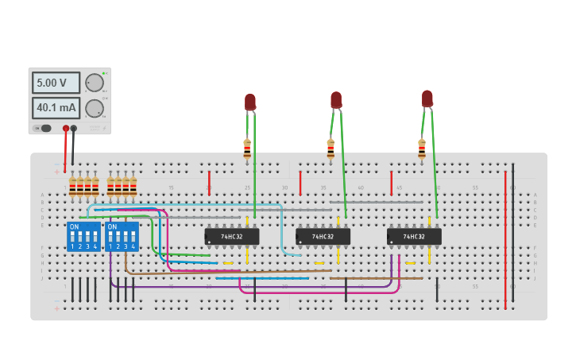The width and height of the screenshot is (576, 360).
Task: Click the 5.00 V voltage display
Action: [56, 83]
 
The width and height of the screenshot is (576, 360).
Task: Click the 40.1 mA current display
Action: [56, 107]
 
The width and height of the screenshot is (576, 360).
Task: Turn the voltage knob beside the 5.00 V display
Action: [95, 83]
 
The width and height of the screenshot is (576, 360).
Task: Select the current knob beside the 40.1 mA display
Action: [95, 108]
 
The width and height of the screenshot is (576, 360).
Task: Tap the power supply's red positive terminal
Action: [65, 128]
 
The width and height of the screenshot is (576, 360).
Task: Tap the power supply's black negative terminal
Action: [74, 128]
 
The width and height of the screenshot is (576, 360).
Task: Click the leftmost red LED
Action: [250, 102]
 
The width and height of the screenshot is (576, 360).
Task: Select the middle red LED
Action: [336, 99]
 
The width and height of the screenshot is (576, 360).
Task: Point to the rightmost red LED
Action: [427, 99]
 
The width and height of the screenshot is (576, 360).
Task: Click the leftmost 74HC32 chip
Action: [232, 236]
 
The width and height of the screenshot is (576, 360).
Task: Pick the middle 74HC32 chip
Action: [323, 236]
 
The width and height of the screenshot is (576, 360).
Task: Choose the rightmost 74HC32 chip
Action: [414, 236]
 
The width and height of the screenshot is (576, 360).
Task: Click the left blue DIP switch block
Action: [83, 237]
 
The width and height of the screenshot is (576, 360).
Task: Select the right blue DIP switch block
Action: [122, 237]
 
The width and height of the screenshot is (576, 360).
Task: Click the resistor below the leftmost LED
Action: [247, 148]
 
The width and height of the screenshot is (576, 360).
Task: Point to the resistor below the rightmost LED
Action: [422, 148]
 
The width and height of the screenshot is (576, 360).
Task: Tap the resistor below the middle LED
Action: [331, 148]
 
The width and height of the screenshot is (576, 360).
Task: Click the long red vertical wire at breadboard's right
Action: [505, 238]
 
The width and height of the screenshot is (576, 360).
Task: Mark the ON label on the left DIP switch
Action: [75, 227]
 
